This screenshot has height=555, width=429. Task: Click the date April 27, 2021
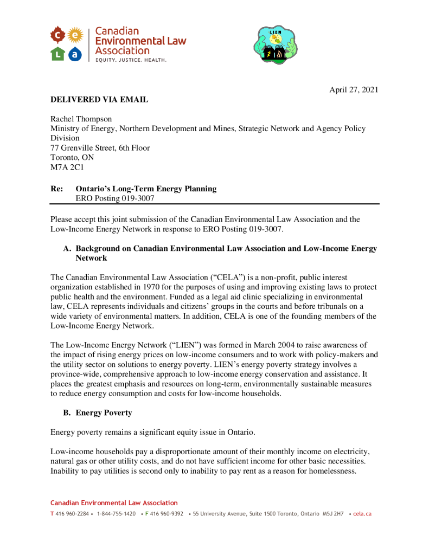tap(354, 90)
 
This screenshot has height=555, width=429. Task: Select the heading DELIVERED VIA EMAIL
tap(99, 100)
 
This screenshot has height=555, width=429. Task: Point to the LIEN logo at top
tap(276, 45)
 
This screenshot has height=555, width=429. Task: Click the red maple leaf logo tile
tap(58, 36)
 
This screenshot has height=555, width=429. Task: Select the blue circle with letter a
tap(75, 54)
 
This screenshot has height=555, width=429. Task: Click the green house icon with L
tap(58, 54)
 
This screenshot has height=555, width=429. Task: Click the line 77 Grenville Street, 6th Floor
tap(100, 148)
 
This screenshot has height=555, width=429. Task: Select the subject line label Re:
tap(56, 189)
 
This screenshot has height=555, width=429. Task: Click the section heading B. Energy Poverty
tap(97, 413)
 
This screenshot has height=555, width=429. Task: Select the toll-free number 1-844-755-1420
tap(116, 514)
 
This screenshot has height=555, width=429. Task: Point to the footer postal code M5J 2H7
tap(333, 514)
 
